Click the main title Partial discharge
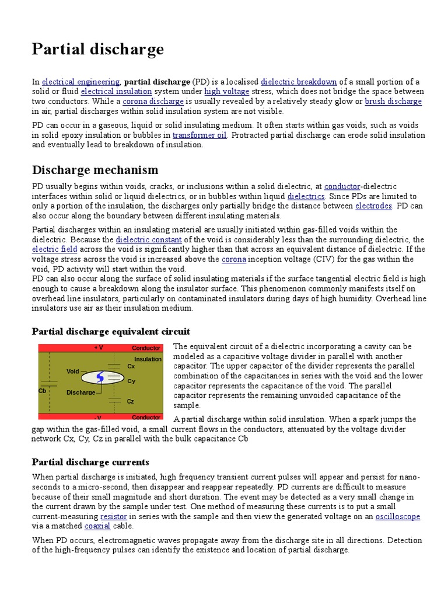[x=98, y=50]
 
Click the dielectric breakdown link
[x=299, y=82]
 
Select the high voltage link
[x=227, y=92]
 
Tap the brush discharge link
[x=393, y=102]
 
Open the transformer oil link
[x=199, y=135]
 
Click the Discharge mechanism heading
[x=94, y=170]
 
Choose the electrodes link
[x=373, y=206]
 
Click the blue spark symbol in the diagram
[x=100, y=377]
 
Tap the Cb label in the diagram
[x=42, y=391]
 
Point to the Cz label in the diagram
[x=131, y=401]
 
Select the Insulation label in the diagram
[x=148, y=359]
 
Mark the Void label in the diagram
[x=72, y=371]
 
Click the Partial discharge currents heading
[x=90, y=462]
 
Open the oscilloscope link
[x=397, y=517]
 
